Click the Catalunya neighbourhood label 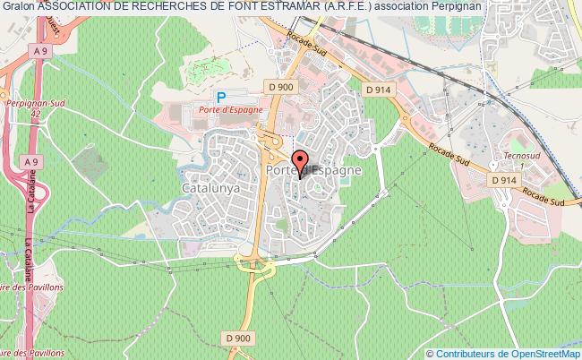click(210, 190)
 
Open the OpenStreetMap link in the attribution click(544, 352)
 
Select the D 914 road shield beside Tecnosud click(505, 180)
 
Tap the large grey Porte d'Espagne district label click(313, 168)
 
